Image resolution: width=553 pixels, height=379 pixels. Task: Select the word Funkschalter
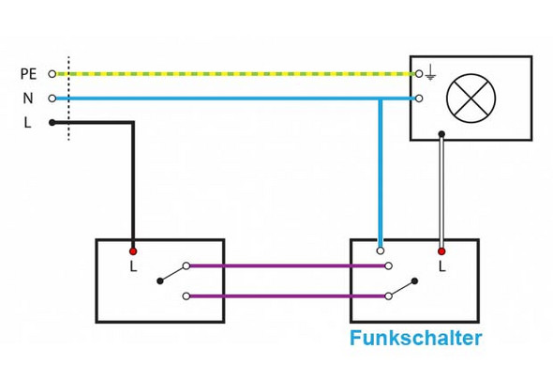(416, 339)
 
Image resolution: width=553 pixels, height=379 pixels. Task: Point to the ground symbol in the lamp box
(430, 70)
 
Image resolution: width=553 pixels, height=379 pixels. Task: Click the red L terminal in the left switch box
(133, 251)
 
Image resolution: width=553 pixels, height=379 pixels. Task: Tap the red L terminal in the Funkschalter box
(441, 251)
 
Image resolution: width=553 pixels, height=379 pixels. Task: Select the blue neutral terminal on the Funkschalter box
(380, 250)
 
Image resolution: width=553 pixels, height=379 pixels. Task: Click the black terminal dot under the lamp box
(441, 133)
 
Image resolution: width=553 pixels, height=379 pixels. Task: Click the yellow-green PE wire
(234, 73)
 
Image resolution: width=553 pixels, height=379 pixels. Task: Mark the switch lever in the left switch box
(172, 275)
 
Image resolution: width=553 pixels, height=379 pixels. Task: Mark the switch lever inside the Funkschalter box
(401, 286)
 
